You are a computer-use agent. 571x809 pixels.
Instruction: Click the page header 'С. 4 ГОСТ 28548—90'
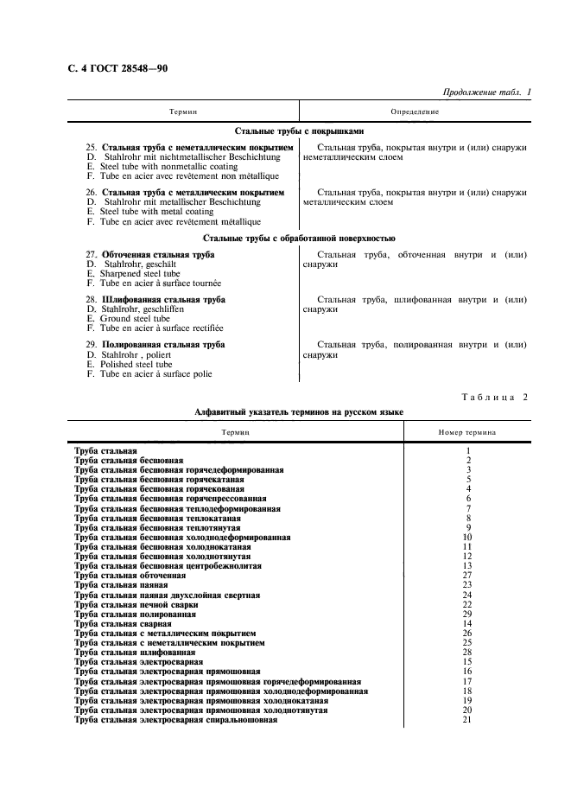pos(117,68)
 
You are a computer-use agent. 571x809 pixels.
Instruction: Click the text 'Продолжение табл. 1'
pos(486,92)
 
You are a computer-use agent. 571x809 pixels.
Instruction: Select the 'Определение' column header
pos(415,111)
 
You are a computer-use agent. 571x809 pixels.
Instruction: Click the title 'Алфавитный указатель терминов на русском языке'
pos(299,413)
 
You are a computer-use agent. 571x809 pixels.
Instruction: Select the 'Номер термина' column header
pos(467,430)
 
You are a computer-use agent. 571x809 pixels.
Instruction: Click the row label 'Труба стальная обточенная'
pos(130,575)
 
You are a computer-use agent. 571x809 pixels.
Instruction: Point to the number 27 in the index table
pos(467,575)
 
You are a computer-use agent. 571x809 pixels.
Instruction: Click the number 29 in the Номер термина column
pos(467,614)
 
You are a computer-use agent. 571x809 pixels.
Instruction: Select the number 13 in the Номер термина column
pos(467,565)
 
